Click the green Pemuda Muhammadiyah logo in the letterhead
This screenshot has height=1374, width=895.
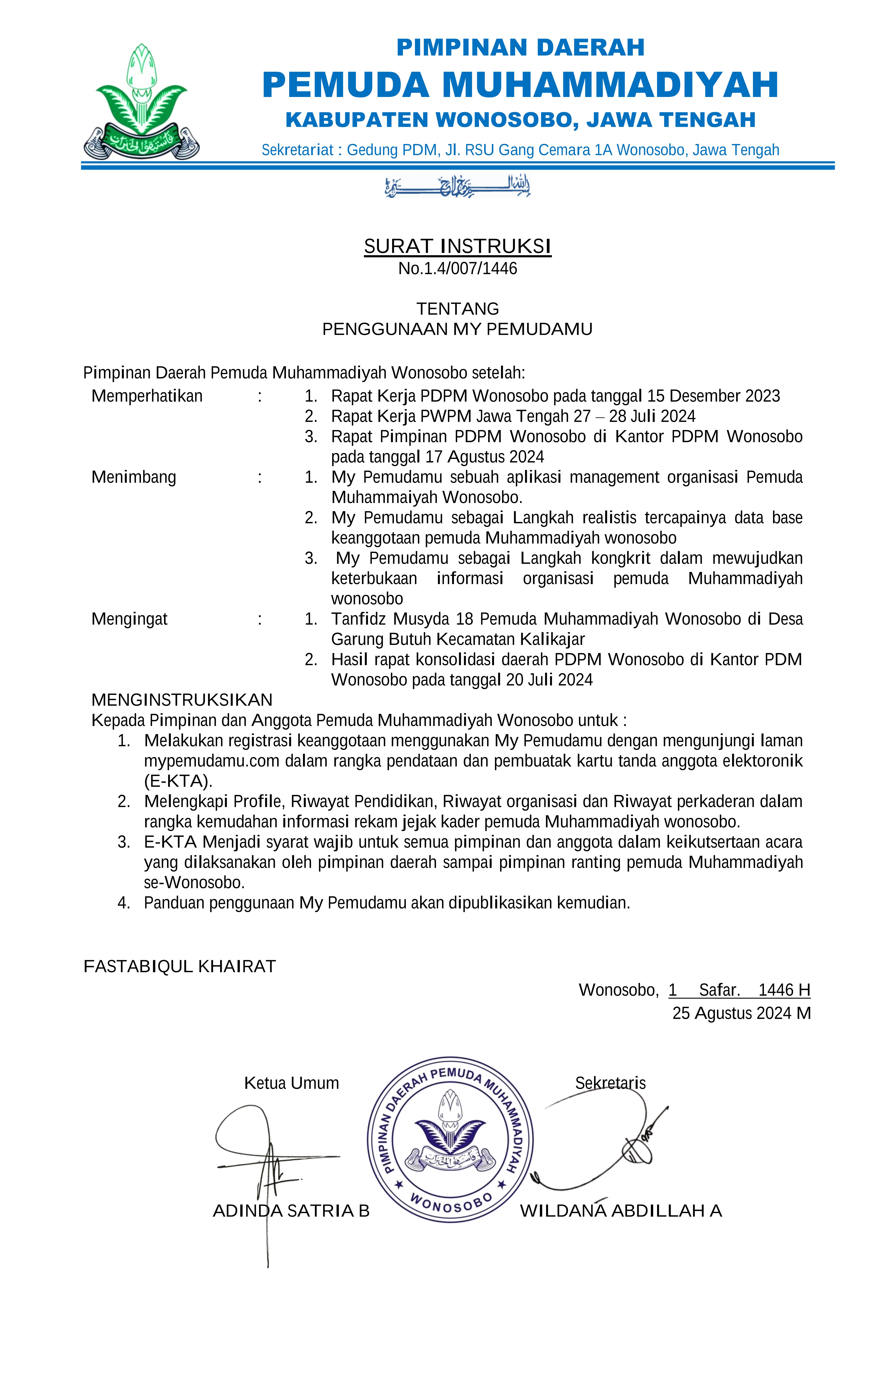(141, 102)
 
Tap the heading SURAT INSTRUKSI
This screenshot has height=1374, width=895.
(457, 247)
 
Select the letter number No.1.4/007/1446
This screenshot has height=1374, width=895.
(457, 268)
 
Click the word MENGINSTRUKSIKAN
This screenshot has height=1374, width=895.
(182, 700)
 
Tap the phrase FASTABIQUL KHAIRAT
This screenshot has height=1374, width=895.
(179, 966)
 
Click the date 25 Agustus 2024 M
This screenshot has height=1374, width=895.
(741, 1013)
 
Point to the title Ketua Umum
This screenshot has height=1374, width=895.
(291, 1083)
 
